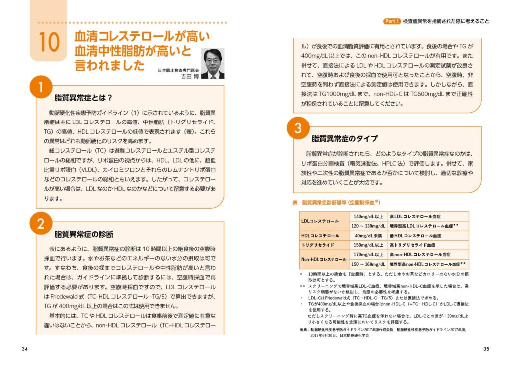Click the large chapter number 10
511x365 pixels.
coord(49,43)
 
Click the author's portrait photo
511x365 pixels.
coord(212,63)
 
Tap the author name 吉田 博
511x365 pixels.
coord(188,77)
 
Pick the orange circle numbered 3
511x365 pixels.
coord(298,128)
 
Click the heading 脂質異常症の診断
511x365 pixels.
coord(84,234)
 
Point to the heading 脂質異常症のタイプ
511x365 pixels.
coord(344,138)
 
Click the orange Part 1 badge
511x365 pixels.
coord(392,21)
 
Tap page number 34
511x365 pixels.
coord(24,348)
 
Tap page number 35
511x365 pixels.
coord(486,348)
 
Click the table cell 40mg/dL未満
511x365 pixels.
coord(368,235)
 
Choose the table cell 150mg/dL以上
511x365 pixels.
coord(368,245)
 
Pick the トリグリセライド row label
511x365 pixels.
coord(318,245)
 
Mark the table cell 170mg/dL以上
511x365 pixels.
coord(368,254)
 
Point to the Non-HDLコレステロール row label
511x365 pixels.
coord(323,259)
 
